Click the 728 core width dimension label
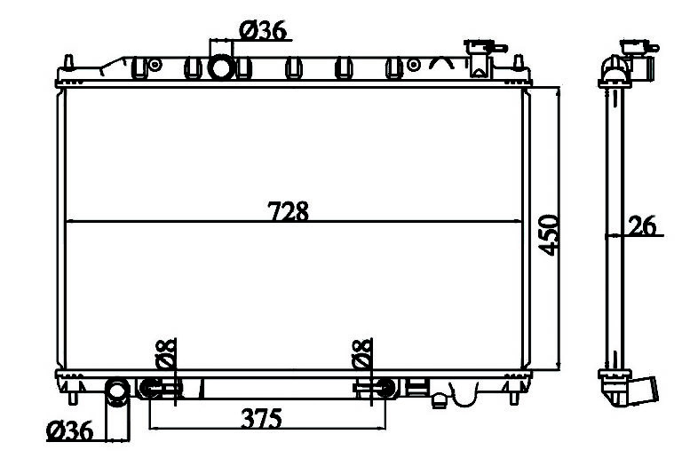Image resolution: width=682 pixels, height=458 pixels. coord(288,210)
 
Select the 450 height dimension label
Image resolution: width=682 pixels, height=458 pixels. coord(549,234)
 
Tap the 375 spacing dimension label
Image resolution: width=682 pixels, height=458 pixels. coord(261,418)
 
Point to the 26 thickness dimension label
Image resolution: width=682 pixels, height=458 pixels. coord(642,226)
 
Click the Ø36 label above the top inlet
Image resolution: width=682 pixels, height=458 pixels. coord(263,30)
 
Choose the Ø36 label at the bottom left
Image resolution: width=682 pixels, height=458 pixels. coord(69,430)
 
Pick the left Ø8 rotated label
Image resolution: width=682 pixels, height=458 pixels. coord(165,354)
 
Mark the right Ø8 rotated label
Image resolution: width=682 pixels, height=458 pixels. coord(362,354)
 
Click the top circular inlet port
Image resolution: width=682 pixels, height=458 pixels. coord(222,67)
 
